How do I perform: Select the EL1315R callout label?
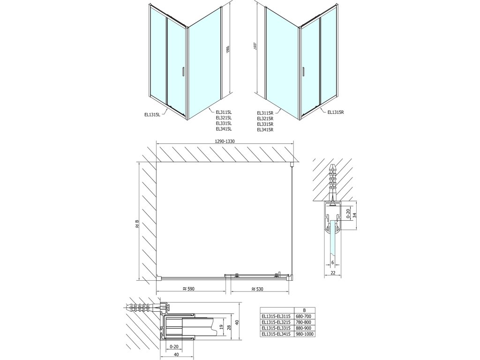pyautogui.click(x=336, y=112)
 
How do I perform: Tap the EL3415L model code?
pyautogui.click(x=224, y=129)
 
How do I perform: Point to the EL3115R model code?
pyautogui.click(x=265, y=113)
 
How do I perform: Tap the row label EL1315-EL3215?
pyautogui.click(x=277, y=322)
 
